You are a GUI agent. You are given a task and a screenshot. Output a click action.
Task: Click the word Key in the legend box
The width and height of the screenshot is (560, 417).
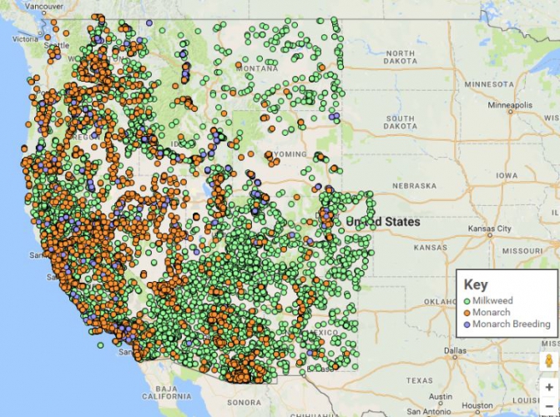[x=476, y=284]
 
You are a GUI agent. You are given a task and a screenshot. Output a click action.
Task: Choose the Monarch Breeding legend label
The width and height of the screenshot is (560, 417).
[x=511, y=324]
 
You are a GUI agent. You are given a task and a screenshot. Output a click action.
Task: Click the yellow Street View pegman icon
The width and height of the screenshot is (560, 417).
[x=548, y=361]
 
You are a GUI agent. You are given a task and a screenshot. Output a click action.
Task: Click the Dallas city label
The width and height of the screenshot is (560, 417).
[x=456, y=349]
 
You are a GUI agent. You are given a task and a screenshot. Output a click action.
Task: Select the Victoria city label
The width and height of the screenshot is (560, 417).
[x=26, y=38]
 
